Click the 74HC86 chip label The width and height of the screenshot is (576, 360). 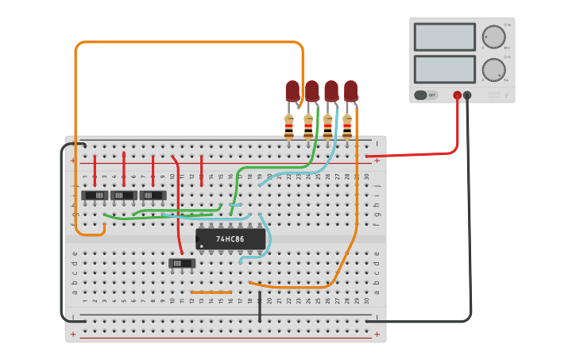230,238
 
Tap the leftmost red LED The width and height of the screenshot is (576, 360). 292,91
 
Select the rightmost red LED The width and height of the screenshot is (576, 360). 350,91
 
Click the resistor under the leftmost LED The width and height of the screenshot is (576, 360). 288,125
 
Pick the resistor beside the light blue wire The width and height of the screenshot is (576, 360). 346,125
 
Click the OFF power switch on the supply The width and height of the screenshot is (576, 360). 426,95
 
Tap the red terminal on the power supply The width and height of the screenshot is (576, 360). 457,95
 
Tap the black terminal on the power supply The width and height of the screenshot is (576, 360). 467,95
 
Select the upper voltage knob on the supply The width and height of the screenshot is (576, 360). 493,37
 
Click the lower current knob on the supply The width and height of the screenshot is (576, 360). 493,69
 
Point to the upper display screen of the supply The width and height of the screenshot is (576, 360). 444,37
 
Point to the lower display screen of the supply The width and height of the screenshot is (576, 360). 444,69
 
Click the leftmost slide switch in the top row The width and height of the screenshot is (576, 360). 95,195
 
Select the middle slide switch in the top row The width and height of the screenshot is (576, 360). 123,195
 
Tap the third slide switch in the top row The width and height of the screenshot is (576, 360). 153,195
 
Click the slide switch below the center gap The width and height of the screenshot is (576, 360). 181,263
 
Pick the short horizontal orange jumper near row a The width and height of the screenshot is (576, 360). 211,292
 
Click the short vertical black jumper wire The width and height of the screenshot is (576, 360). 260,307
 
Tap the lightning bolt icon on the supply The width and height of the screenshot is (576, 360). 506,96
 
